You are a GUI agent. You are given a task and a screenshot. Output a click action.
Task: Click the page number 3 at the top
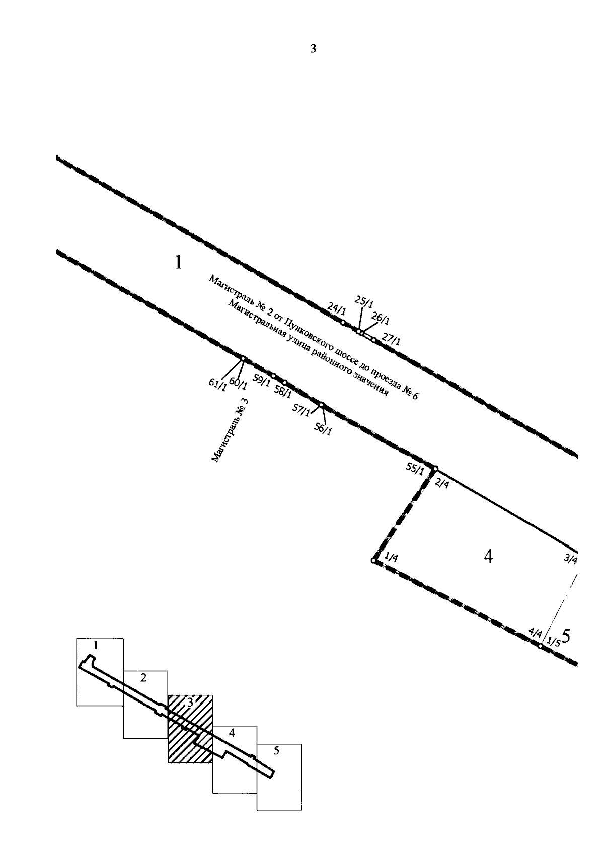tap(313, 49)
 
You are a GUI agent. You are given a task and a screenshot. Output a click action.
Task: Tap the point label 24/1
tap(337, 307)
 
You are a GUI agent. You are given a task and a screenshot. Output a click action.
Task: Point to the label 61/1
tap(217, 384)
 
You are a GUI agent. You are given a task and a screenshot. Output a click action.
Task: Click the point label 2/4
tap(441, 484)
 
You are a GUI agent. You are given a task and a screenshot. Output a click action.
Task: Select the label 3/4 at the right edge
tap(570, 559)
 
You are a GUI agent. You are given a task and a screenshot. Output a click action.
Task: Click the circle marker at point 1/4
tap(373, 561)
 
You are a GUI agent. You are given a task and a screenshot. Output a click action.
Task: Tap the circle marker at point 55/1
tap(435, 469)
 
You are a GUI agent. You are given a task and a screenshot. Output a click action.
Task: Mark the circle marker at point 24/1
tap(343, 323)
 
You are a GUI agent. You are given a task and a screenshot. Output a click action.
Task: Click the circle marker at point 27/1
tap(374, 340)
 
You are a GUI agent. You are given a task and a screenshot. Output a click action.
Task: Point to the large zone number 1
tap(178, 263)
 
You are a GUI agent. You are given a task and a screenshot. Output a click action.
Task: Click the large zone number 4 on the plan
tap(488, 556)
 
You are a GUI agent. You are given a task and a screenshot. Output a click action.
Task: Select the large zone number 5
tap(566, 636)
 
